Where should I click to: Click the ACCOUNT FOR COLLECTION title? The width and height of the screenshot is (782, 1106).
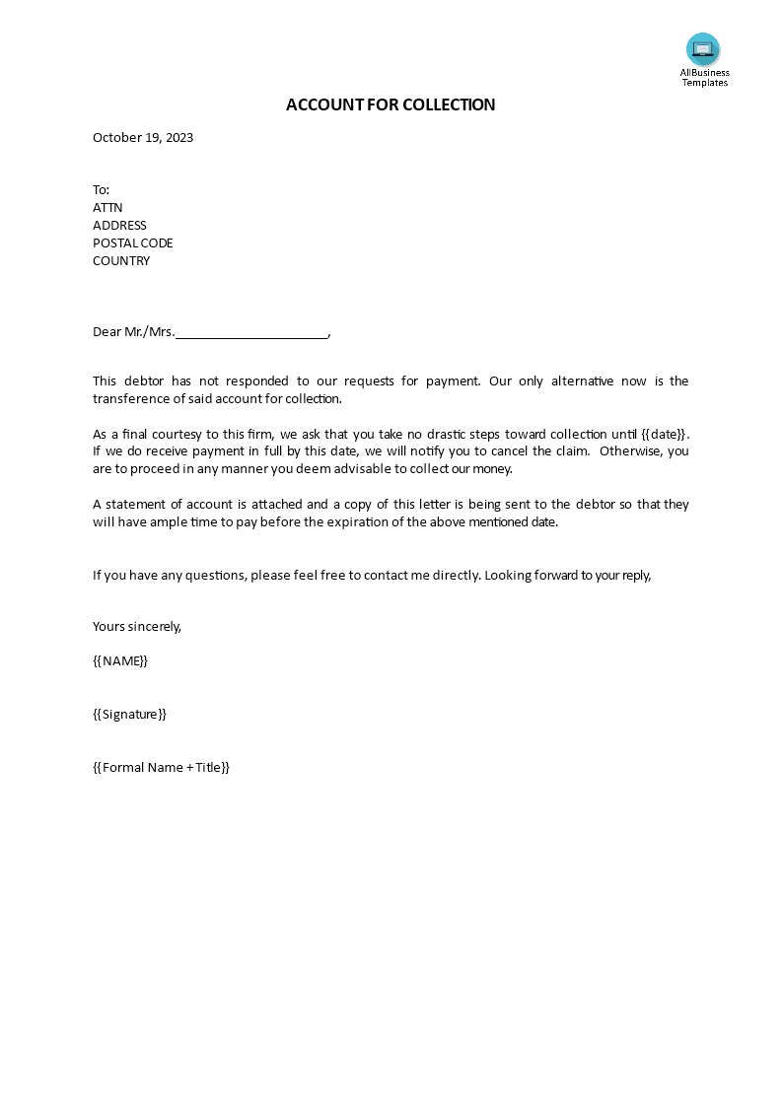391,104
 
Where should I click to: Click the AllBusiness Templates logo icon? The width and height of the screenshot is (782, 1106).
703,49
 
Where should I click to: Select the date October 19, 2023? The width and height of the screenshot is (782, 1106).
143,138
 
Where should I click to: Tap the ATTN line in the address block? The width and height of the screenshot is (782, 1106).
107,208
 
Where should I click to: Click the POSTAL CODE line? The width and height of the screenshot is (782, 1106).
133,243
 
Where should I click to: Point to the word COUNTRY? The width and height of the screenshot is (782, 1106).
121,261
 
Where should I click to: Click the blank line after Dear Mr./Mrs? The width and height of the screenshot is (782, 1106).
251,333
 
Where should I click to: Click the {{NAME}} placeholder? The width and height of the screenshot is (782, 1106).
120,660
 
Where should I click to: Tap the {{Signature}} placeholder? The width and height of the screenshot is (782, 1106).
129,714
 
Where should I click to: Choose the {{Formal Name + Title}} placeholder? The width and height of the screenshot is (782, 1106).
161,767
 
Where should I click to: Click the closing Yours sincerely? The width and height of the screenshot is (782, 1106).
137,626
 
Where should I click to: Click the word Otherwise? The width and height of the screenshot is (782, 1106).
628,451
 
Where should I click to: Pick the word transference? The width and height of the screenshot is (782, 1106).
129,399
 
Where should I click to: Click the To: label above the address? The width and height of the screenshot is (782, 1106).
102,190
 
